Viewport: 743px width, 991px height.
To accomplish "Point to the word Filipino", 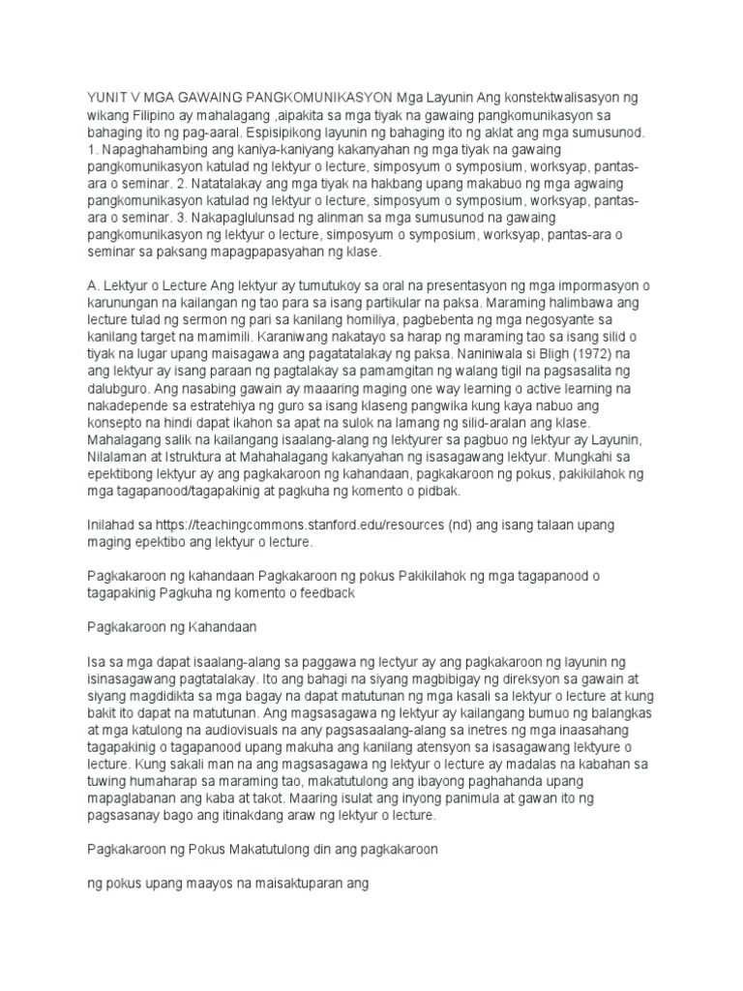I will coord(165,115).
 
